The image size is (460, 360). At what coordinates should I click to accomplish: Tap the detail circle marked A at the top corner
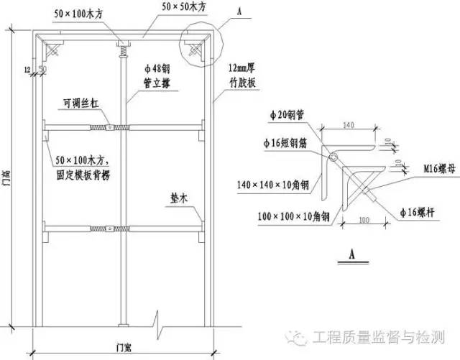[202, 44]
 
